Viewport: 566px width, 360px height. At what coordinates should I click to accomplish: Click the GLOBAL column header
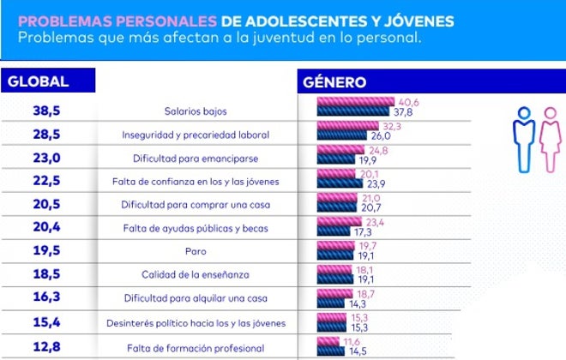tap(38, 82)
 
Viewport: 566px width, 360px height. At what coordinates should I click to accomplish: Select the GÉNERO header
tap(335, 82)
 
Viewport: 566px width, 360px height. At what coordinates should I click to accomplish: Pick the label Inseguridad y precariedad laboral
tap(196, 135)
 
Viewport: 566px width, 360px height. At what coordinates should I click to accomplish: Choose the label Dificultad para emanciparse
tap(196, 159)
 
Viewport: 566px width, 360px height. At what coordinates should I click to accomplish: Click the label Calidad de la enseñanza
tap(196, 275)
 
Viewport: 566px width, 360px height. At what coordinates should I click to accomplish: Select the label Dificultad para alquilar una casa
tap(196, 298)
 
